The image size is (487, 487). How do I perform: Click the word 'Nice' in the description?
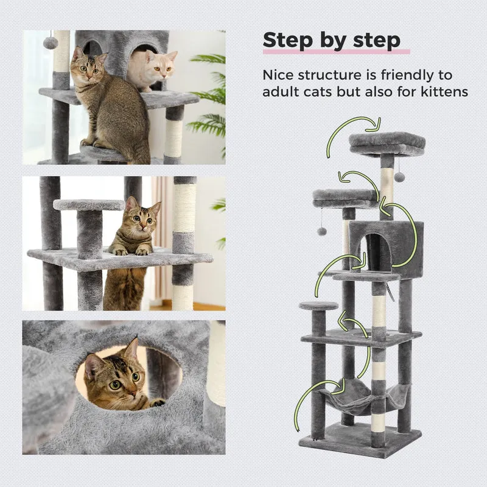(x=278, y=75)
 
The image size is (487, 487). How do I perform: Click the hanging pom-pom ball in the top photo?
(x=49, y=42)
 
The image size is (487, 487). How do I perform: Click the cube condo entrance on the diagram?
(x=376, y=251)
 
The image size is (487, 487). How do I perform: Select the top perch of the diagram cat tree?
(x=387, y=143)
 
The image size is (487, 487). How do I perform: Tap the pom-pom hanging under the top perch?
(x=399, y=177)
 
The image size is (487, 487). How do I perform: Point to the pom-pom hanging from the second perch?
(x=321, y=231)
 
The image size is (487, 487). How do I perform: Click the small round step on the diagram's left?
(x=318, y=306)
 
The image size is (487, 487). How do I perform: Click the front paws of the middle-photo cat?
(x=130, y=251)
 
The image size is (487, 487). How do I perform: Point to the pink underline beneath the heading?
(x=337, y=52)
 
